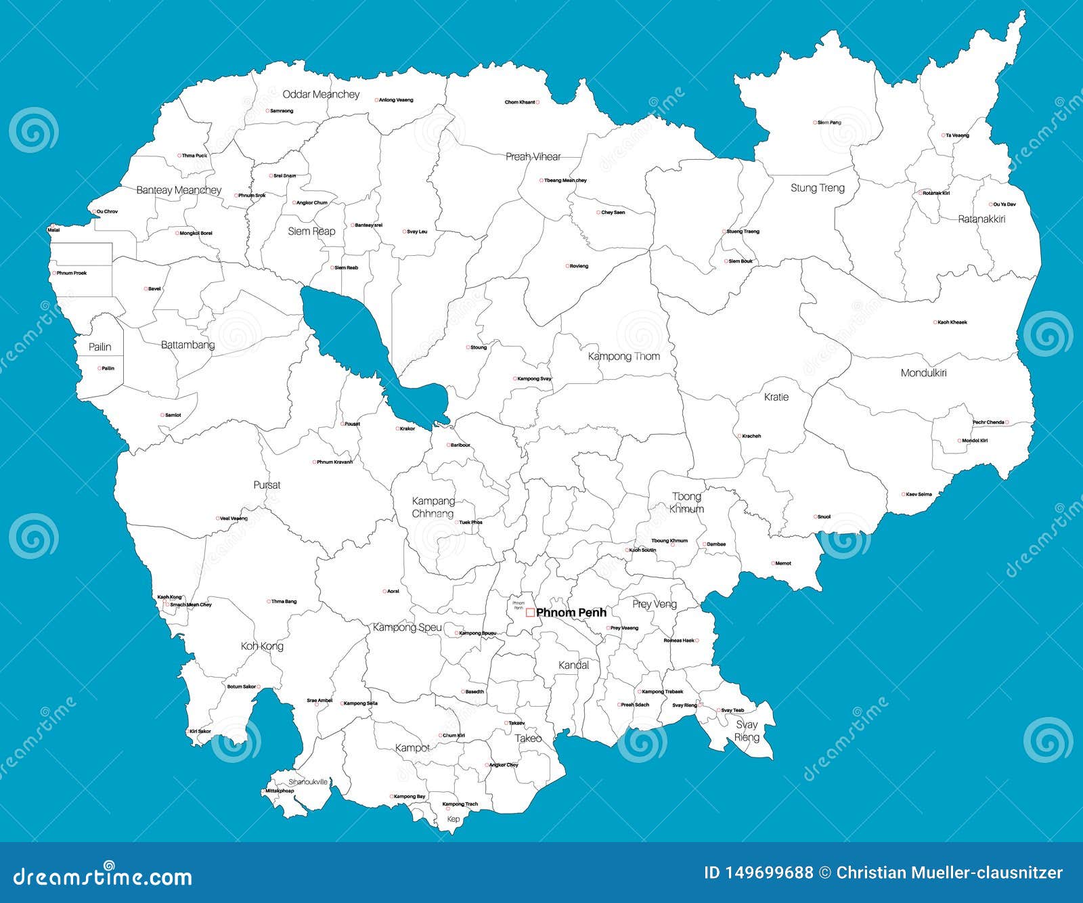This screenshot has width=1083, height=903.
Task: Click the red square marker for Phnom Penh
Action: point(530,613)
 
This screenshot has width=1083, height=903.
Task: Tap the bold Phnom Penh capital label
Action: point(571,613)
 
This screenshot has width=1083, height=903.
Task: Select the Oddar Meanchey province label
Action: point(321,95)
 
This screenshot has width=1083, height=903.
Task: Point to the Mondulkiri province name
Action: point(923,373)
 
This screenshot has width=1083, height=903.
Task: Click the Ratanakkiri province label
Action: point(981,219)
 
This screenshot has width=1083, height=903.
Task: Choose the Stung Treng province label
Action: point(818,188)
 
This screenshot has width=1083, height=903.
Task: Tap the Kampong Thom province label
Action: point(623,356)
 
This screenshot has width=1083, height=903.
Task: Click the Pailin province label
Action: point(100,347)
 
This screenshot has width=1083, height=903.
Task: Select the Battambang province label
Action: point(187,345)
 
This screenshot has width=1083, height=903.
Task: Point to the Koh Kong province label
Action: point(262,646)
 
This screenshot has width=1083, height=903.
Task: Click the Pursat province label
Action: point(267,485)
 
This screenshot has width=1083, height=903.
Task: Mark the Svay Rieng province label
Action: point(747,731)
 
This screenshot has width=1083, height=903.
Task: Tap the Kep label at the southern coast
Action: point(454,819)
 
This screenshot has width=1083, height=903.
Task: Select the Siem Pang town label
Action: point(829,123)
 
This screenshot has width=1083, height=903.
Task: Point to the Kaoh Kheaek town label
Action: point(952,322)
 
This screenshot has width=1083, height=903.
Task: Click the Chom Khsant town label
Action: point(520,102)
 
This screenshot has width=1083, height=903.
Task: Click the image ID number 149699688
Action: point(758,873)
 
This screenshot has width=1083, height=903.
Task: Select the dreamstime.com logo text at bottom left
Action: point(103,877)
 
